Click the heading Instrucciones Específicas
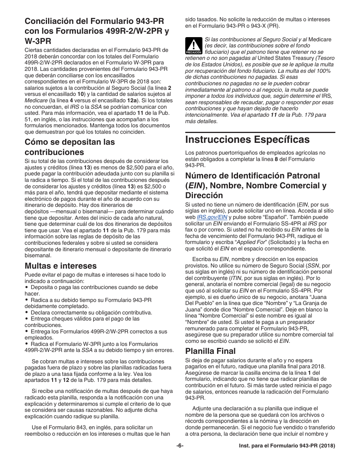tap(247, 139)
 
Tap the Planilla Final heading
tap(210, 351)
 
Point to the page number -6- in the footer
tap(180, 446)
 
